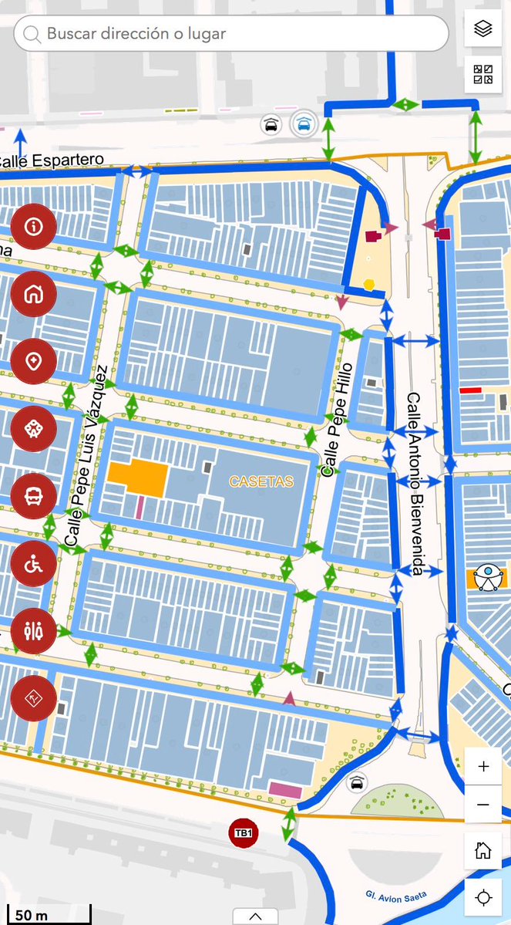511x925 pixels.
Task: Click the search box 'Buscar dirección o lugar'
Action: point(231,34)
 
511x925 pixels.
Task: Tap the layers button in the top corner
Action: point(483,29)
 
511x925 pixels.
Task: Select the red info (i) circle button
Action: point(33,226)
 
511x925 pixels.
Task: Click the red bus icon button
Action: point(33,496)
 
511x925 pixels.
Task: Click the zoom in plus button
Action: point(483,767)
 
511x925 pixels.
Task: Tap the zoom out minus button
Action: point(483,805)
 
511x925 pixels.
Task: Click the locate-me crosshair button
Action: point(483,897)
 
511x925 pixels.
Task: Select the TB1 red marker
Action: point(244,833)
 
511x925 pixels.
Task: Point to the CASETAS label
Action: point(261,481)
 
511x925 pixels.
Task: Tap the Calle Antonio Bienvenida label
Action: point(416,484)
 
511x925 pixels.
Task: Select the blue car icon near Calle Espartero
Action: point(305,123)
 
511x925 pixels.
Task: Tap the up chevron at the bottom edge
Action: point(254,916)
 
